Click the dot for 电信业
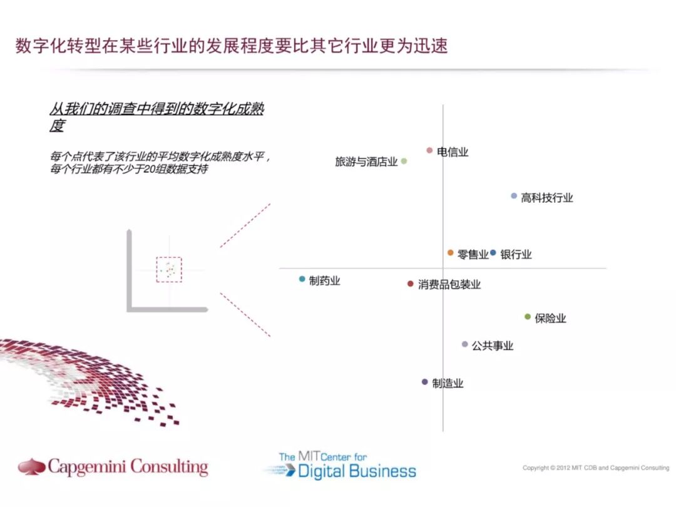click(429, 150)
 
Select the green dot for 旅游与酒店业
click(404, 161)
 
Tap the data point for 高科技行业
click(514, 196)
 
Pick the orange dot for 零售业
click(450, 253)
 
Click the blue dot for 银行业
click(493, 253)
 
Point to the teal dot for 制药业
click(302, 279)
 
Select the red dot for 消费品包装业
click(410, 284)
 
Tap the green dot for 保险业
click(527, 317)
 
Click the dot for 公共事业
click(464, 344)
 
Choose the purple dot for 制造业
click(424, 382)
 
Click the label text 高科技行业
click(547, 198)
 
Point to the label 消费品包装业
click(449, 285)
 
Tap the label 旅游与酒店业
click(366, 162)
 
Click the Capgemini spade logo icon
click(31, 466)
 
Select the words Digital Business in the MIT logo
click(357, 471)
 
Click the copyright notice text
click(596, 468)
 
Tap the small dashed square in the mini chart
click(169, 269)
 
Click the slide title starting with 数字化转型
click(232, 47)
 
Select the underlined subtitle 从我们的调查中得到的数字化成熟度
click(156, 116)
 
